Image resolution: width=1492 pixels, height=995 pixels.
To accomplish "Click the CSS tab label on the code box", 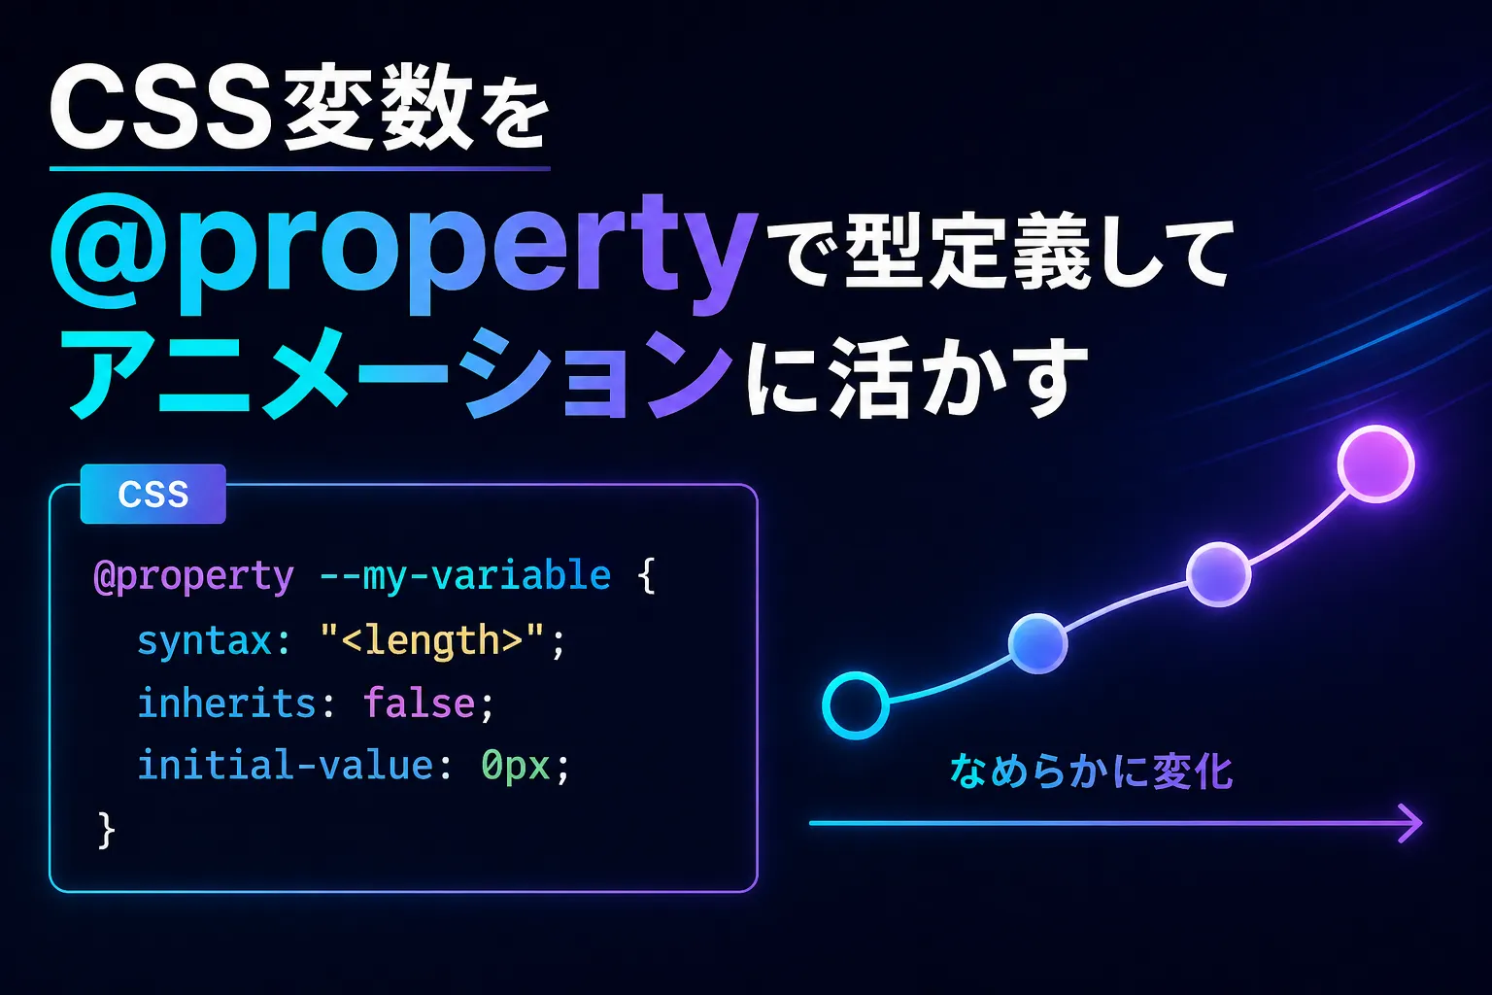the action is [x=153, y=494].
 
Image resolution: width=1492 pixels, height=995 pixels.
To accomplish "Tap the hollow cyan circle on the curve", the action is [x=856, y=705].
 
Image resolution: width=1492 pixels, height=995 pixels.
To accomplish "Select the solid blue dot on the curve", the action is [x=1037, y=643].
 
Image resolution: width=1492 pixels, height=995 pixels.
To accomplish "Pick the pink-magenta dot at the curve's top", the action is [x=1376, y=463].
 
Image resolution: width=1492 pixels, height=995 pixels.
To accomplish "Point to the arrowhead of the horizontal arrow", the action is [x=1410, y=823].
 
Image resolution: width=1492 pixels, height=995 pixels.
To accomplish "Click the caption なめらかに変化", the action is [x=1091, y=772].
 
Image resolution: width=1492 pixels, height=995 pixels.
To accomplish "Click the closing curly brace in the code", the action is [x=106, y=831].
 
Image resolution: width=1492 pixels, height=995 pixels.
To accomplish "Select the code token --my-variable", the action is [x=465, y=576].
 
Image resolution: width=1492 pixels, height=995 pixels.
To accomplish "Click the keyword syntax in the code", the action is [x=205, y=640].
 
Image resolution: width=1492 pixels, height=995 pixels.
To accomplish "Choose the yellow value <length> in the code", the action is [x=432, y=640].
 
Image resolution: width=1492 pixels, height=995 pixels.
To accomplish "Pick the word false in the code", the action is [x=419, y=703].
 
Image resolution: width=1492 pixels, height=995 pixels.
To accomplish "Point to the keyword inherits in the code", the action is [x=226, y=703].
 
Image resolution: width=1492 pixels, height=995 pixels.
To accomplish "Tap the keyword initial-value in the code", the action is [x=286, y=765].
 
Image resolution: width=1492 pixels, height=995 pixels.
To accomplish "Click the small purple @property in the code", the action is [x=194, y=576].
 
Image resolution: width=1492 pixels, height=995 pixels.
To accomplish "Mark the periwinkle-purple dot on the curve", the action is [x=1219, y=574].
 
